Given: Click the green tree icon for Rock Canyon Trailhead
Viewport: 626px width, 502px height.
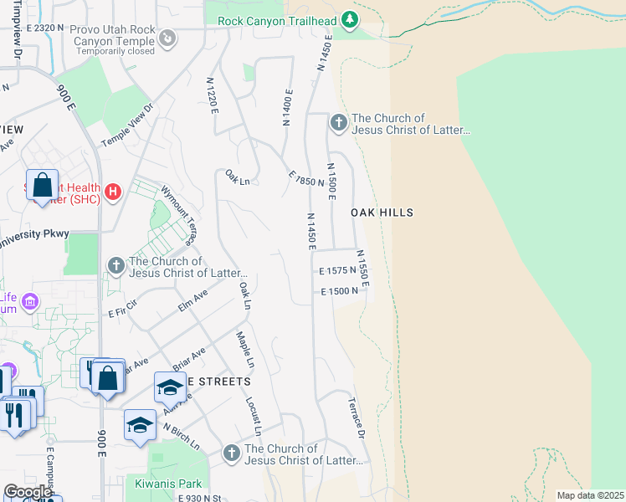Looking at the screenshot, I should (351, 20).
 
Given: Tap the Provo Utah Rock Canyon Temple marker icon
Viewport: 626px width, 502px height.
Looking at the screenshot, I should (168, 37).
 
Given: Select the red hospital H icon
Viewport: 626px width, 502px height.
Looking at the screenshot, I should (114, 193).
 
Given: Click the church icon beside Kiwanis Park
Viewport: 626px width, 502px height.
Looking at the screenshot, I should (232, 453).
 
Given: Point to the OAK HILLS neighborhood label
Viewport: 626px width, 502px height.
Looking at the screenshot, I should (382, 213).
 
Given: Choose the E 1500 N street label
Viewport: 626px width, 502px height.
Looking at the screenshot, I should (339, 290).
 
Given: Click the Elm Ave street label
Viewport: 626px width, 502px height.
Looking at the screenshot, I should (192, 300).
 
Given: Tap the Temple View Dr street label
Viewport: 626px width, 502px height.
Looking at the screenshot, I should (128, 125).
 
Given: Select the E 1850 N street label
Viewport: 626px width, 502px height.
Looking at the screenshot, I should (305, 178).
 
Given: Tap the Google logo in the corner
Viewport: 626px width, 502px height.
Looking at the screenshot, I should (27, 492).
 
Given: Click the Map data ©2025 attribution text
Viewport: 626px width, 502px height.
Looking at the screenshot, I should (591, 495).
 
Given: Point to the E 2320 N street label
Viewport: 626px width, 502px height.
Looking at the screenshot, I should (45, 28).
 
